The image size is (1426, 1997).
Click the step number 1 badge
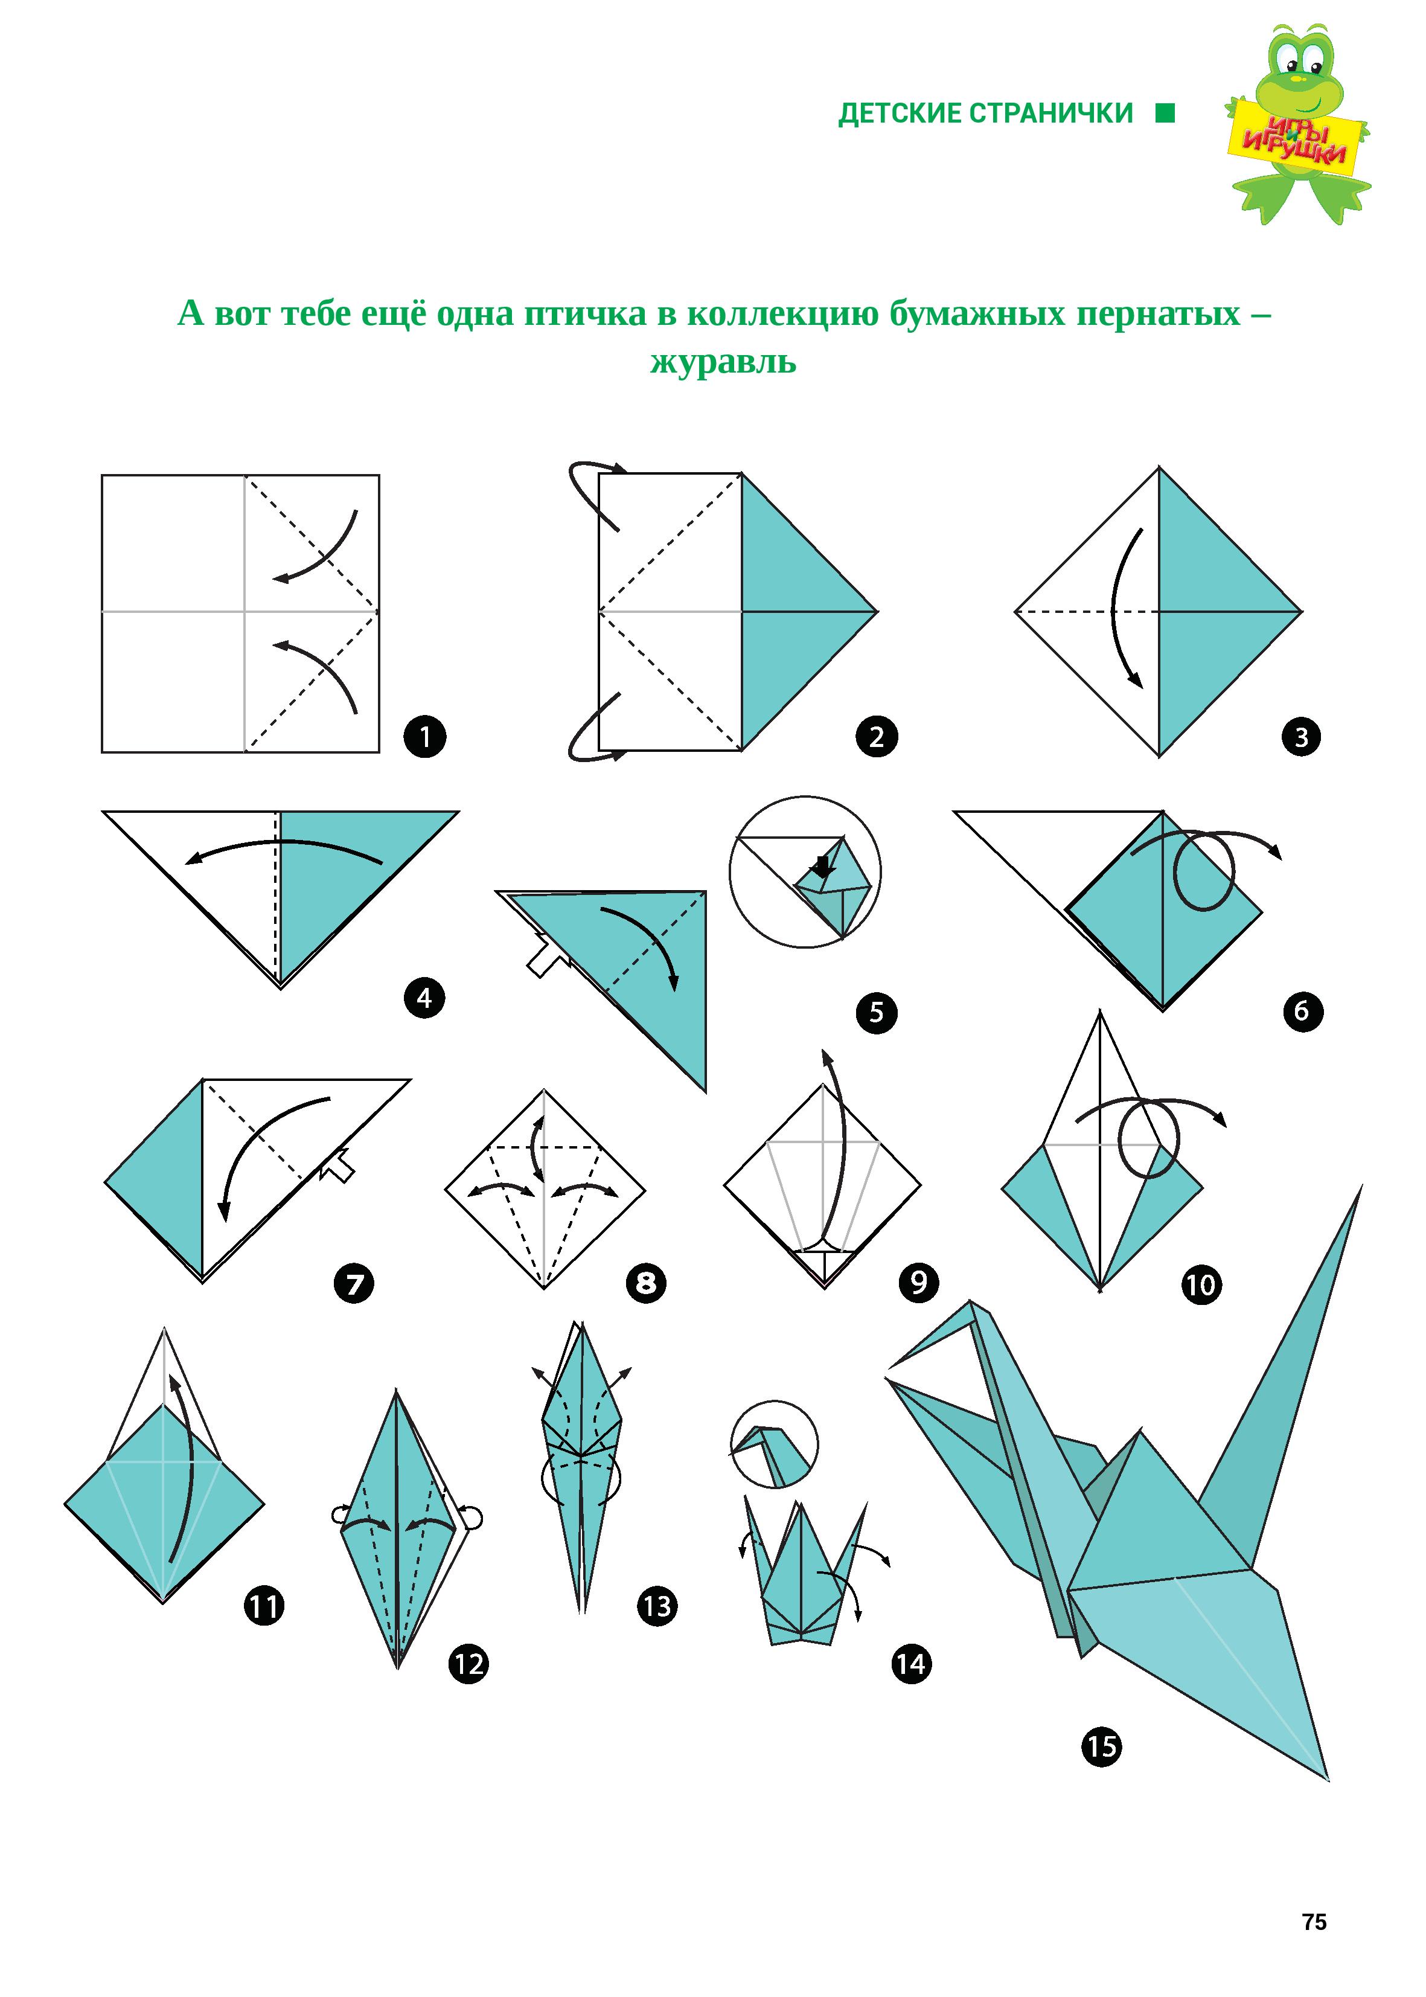point(425,737)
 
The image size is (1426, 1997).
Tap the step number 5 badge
point(877,1013)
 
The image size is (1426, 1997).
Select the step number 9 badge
point(918,1284)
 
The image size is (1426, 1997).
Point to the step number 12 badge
point(469,1664)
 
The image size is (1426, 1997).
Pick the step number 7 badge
point(355,1284)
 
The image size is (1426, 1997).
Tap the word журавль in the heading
point(723,362)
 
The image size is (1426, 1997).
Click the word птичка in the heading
point(586,313)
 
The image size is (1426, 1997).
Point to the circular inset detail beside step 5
point(804,872)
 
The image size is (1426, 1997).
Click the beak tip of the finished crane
point(889,1368)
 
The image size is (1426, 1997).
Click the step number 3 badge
point(1301,737)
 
